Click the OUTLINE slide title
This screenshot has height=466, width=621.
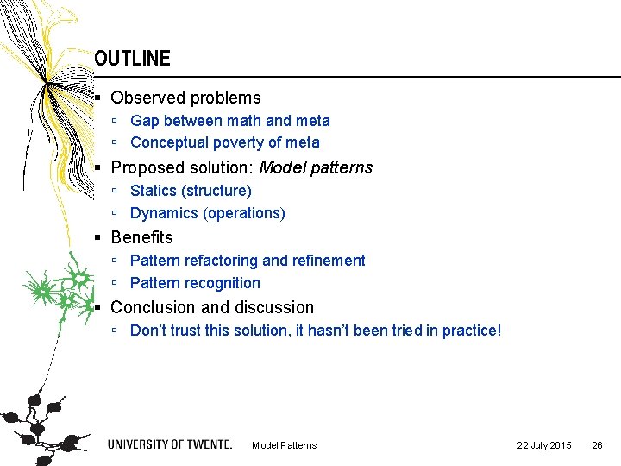coord(132,59)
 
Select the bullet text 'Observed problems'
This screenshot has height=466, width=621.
coord(185,98)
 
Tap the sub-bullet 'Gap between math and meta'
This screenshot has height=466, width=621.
coord(229,121)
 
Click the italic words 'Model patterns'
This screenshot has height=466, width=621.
coord(316,167)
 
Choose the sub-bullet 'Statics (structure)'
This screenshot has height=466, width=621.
coord(191,191)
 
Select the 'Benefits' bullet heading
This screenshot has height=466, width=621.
coord(141,237)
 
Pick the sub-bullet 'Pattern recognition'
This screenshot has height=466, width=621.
coord(195,283)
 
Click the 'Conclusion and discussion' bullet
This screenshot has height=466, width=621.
coord(212,307)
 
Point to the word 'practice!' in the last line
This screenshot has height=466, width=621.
coord(471,331)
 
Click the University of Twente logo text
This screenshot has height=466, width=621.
coord(170,444)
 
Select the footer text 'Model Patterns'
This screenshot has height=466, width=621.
coord(284,445)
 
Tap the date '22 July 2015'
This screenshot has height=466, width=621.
coord(543,445)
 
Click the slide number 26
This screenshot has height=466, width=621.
coord(597,445)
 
